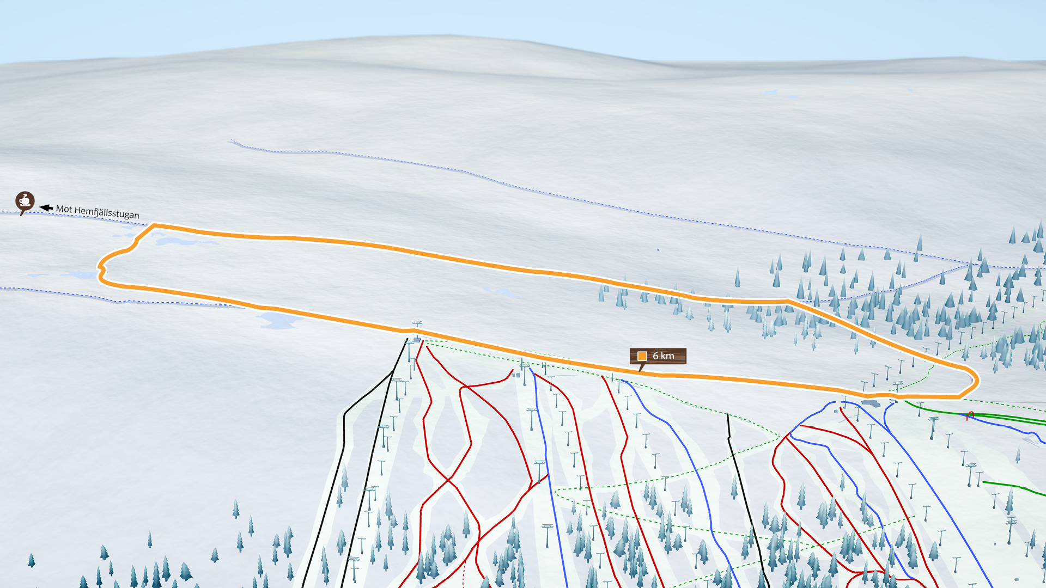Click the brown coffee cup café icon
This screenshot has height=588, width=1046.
[x=25, y=201]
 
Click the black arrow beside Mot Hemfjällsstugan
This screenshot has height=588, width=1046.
[x=46, y=208]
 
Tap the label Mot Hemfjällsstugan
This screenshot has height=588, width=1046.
[x=98, y=212]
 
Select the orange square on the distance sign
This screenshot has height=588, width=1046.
[x=642, y=356]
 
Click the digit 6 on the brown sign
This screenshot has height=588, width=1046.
[x=656, y=356]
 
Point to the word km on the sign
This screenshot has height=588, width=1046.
[x=667, y=356]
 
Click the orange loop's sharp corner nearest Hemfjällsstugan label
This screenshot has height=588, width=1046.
[x=154, y=225]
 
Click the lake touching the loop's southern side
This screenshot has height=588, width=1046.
[x=278, y=320]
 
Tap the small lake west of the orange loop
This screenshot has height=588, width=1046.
[x=79, y=275]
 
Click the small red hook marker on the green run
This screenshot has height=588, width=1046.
[x=970, y=415]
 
